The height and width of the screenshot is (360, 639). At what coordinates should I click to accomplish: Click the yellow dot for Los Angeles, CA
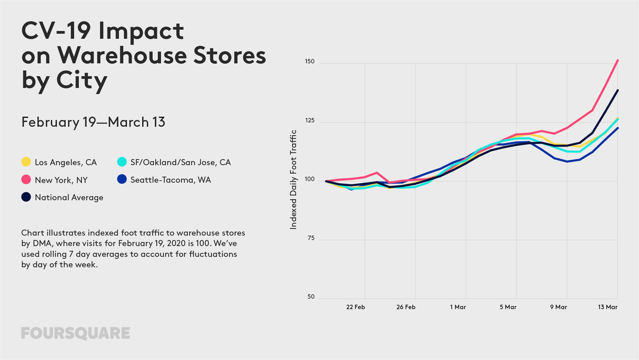pos(26,162)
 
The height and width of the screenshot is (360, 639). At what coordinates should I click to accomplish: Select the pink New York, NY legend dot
pos(26,180)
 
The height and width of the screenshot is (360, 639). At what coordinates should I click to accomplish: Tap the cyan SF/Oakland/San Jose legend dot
pos(121,162)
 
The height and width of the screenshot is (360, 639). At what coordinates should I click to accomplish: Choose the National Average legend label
pos(69,198)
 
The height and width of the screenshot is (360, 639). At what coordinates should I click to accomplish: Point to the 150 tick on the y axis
pos(309,62)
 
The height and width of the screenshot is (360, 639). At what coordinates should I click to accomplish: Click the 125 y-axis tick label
pos(309,121)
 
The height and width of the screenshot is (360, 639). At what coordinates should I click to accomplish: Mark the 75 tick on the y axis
pos(311,239)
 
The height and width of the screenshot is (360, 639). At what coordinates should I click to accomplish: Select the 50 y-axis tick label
pos(311,297)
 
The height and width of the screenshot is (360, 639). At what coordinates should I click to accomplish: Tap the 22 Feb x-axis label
pos(355,307)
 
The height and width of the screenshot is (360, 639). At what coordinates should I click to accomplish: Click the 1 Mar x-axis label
pos(458,307)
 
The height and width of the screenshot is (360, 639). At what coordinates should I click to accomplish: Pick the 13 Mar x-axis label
pos(608,307)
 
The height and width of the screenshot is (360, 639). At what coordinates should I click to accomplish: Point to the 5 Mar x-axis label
pos(508,307)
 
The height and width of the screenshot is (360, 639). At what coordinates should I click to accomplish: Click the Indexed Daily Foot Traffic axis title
pos(293,180)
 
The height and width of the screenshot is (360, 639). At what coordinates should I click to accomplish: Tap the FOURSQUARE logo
pos(76,333)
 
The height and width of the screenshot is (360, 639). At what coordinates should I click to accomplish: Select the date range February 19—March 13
pos(93,122)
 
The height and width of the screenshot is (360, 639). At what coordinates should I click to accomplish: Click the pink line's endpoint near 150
pos(617,60)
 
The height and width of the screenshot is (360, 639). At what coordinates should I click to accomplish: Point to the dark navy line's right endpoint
pos(617,90)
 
